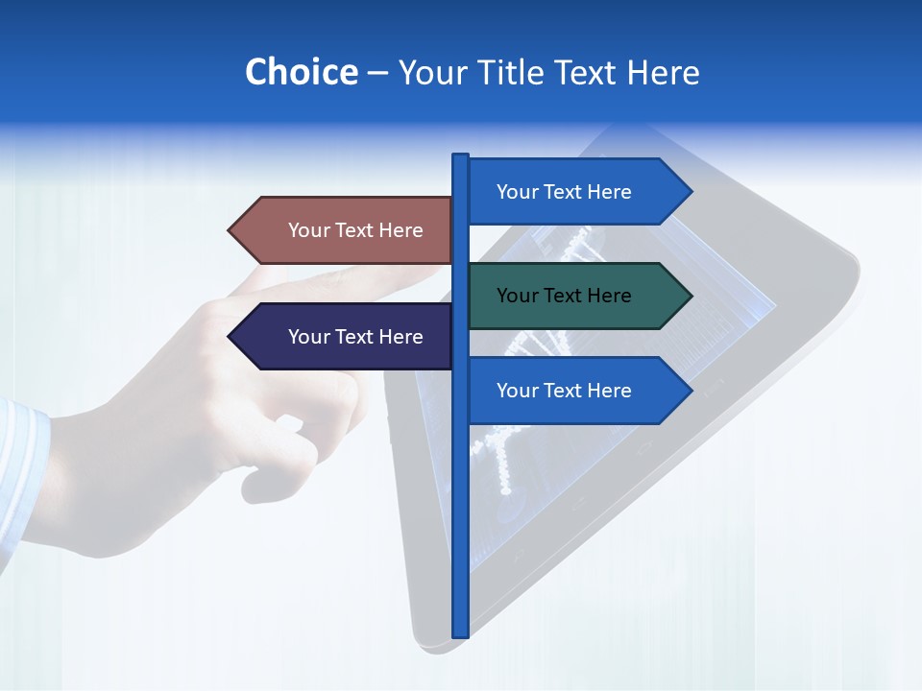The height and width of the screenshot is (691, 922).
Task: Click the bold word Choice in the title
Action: (x=301, y=72)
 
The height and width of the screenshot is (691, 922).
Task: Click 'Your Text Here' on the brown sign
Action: (x=355, y=230)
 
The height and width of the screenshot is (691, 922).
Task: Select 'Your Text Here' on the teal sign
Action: (x=564, y=296)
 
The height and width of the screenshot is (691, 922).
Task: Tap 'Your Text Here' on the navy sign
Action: (x=355, y=337)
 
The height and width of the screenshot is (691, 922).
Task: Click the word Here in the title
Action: (x=664, y=72)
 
